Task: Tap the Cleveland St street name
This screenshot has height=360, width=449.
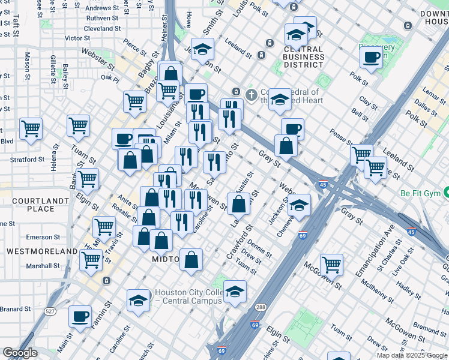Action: (103, 28)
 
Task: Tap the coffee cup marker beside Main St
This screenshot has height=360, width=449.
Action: (80, 316)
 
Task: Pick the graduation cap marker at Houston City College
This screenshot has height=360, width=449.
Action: (138, 301)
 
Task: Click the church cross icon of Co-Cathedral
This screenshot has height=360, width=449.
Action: (252, 94)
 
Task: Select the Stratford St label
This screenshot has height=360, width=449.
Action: (29, 160)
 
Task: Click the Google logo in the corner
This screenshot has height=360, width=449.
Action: (19, 353)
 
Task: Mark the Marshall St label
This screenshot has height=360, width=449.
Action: (43, 265)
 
